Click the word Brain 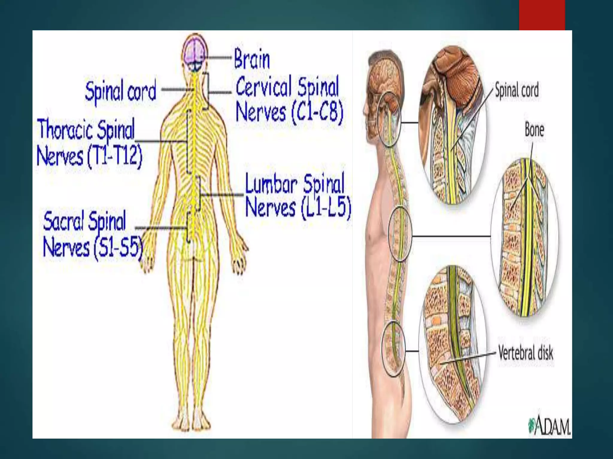click(x=252, y=59)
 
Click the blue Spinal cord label click(x=121, y=90)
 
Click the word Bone click(x=534, y=130)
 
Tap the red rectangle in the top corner click(x=542, y=15)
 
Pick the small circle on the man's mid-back click(x=400, y=234)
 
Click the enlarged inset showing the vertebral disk click(x=452, y=344)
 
